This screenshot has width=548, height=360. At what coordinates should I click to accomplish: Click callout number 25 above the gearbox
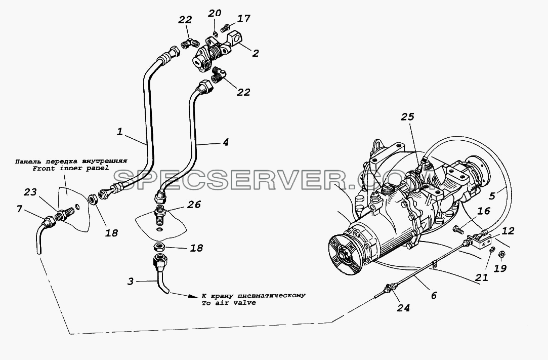[x=407, y=116]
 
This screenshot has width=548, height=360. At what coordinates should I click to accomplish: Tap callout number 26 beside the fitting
[x=194, y=204]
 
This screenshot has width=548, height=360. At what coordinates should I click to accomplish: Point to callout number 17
[x=243, y=18]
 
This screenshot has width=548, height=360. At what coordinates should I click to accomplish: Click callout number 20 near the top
[x=215, y=13]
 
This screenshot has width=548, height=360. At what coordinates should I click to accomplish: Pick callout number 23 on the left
[x=30, y=192]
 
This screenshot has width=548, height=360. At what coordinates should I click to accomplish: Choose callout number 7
[x=20, y=209]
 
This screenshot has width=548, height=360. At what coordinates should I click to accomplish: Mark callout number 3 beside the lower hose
[x=130, y=282]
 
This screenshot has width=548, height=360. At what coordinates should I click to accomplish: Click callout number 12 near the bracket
[x=508, y=231]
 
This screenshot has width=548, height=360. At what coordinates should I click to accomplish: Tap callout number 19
[x=501, y=268]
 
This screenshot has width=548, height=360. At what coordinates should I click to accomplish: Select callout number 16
[x=483, y=211]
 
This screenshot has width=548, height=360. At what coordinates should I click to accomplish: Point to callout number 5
[x=492, y=195]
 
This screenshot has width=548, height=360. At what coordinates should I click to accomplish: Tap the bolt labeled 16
[x=458, y=230]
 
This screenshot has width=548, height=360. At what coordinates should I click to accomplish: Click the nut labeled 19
[x=500, y=254]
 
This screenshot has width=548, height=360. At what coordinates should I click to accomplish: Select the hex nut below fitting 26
[x=159, y=248]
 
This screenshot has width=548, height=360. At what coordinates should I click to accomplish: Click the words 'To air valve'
[x=228, y=303]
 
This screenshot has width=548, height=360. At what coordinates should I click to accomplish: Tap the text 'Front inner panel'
[x=71, y=168]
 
